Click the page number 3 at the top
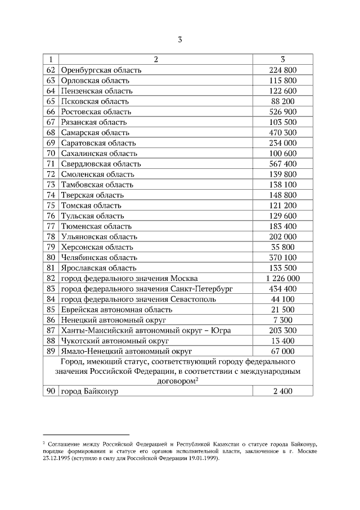179,39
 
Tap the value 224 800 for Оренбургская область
283,70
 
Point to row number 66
51,111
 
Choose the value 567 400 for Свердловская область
283,164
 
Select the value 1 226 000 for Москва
283,279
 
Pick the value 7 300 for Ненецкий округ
283,320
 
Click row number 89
51,351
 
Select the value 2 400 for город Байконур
283,392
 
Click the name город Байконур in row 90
89,392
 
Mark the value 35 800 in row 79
283,247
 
